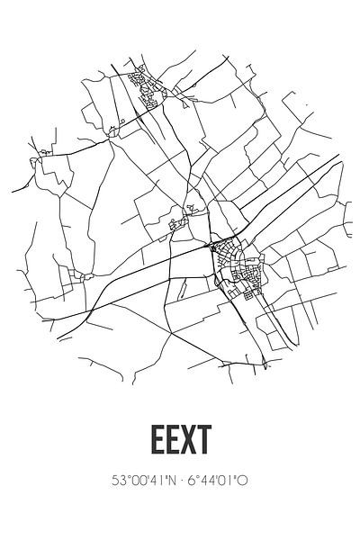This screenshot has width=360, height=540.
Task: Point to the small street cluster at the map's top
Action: (x=144, y=82)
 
